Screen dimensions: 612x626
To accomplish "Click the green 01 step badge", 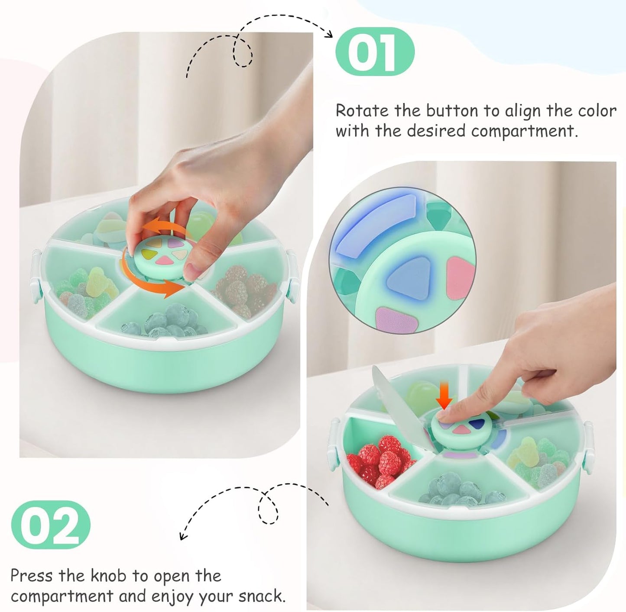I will click(x=375, y=52).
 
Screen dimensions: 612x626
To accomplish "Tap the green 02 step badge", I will click(x=51, y=524).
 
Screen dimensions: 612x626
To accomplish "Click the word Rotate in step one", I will click(x=362, y=111).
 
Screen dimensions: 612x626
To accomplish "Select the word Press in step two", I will click(x=32, y=576).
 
